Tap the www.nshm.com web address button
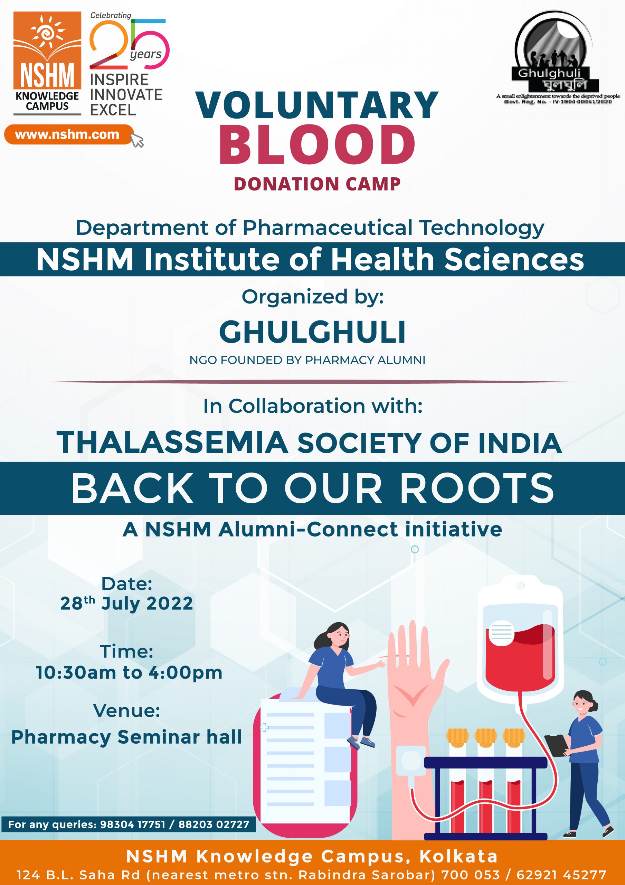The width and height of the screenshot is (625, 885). (68, 134)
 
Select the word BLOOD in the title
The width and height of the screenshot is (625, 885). (317, 144)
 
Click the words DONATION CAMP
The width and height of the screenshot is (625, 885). (317, 184)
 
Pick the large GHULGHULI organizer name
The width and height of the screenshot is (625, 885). (312, 332)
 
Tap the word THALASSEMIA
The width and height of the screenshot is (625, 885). (173, 442)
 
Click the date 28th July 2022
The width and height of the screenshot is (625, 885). (126, 604)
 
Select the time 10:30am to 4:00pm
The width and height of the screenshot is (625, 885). (129, 673)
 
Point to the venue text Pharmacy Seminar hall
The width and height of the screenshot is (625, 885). (126, 737)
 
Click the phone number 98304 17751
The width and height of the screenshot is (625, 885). (133, 824)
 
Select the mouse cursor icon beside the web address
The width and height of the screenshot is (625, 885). (138, 140)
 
